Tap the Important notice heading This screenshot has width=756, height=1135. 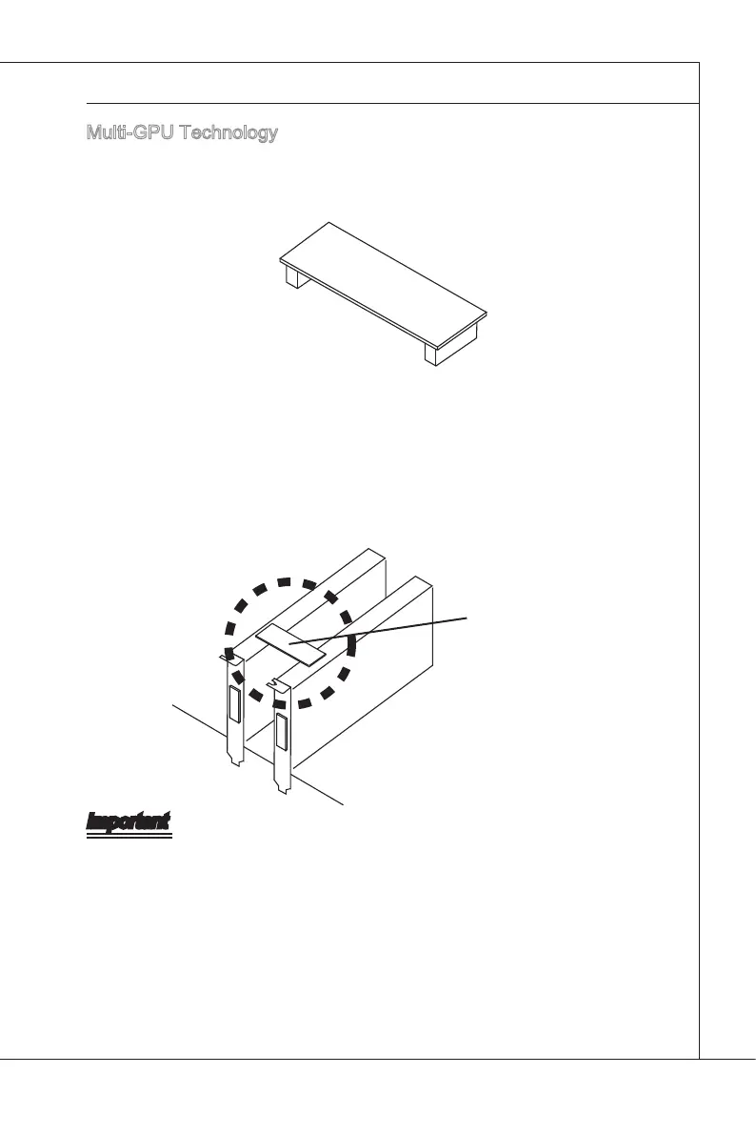click(129, 821)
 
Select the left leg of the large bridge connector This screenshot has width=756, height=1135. click(295, 278)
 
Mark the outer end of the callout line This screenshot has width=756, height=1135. click(468, 618)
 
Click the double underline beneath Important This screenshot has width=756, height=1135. click(129, 837)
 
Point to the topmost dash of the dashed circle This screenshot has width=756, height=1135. click(283, 581)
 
